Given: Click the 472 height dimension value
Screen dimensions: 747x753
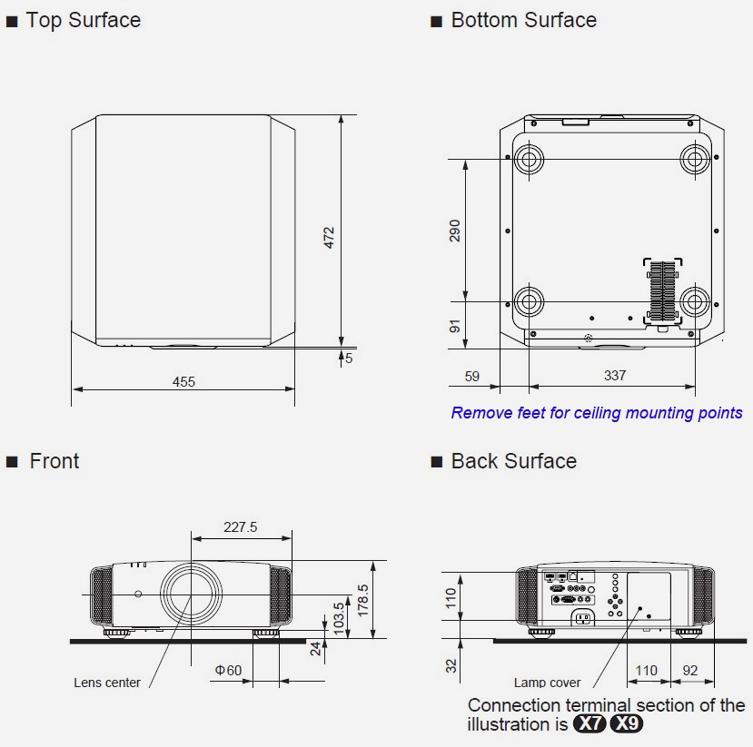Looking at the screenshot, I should (x=330, y=238).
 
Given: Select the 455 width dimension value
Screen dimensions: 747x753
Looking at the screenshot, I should (x=183, y=381).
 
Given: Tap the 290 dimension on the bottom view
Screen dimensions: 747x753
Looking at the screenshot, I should (x=455, y=230).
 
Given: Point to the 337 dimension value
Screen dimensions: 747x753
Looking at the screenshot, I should (x=614, y=375).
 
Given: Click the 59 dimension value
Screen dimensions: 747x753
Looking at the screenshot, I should (x=472, y=375).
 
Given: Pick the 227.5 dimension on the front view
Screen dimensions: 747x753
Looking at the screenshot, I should (x=241, y=526).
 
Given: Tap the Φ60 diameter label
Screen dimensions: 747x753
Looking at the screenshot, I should (x=228, y=671).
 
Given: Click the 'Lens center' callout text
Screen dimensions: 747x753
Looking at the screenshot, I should (x=107, y=683).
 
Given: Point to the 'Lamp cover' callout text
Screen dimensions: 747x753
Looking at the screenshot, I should (x=547, y=683).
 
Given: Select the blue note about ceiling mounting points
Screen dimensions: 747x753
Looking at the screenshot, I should (x=597, y=413).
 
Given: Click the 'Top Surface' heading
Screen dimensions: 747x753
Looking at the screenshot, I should (x=83, y=20).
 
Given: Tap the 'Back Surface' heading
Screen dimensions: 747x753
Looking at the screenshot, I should (x=513, y=461).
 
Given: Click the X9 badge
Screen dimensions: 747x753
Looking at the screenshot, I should (x=627, y=724).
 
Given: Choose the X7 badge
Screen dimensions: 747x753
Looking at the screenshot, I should (x=590, y=724).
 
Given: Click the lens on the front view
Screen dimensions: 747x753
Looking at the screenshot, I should (x=191, y=594).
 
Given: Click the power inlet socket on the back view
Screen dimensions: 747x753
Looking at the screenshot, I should (x=582, y=619).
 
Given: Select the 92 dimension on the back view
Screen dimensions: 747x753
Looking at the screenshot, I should (x=689, y=672).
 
